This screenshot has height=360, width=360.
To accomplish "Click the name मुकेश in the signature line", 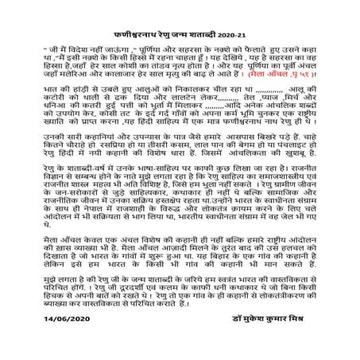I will [269, 336].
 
